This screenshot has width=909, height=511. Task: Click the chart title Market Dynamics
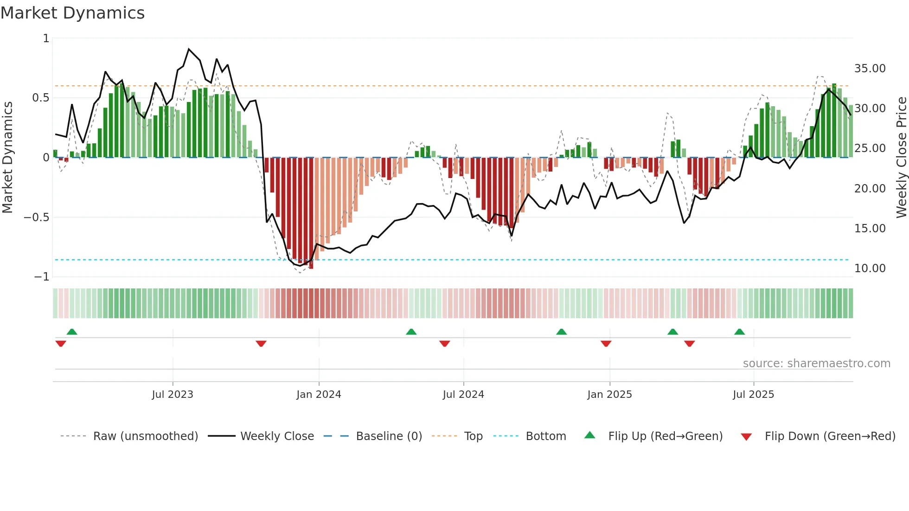[72, 13]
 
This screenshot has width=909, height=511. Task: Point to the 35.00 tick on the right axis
[870, 69]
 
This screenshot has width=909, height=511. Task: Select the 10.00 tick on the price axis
[870, 268]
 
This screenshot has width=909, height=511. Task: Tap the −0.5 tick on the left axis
[36, 217]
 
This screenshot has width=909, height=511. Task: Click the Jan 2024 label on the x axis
[319, 395]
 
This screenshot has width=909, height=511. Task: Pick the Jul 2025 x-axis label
[753, 395]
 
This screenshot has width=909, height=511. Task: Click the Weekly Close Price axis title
[901, 157]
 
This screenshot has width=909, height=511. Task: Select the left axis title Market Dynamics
[7, 157]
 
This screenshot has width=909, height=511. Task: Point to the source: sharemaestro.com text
[816, 364]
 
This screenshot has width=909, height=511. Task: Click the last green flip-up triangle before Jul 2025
[739, 332]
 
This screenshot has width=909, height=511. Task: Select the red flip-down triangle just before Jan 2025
[606, 344]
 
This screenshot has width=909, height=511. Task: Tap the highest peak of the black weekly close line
[189, 49]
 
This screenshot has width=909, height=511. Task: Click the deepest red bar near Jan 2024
[311, 213]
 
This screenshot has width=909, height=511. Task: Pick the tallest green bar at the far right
[834, 121]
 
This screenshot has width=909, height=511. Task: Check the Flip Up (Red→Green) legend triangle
[589, 435]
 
